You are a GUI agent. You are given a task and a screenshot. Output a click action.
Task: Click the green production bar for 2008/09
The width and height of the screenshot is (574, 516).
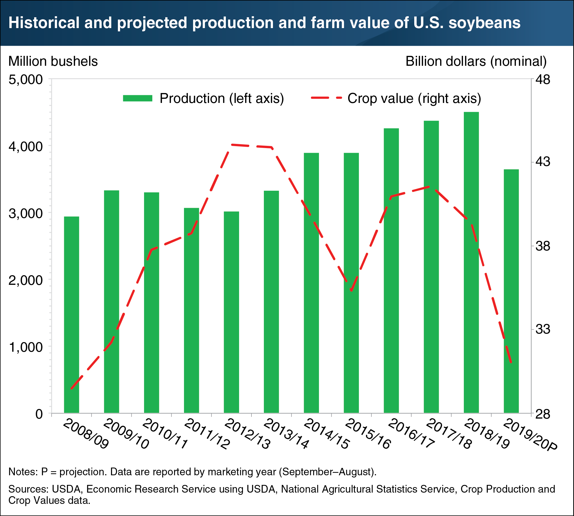pyautogui.click(x=72, y=315)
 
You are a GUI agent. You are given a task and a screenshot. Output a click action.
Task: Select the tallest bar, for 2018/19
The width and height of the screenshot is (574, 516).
pyautogui.click(x=471, y=262)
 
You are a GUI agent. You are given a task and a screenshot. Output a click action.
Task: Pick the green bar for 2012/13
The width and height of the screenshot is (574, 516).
pyautogui.click(x=232, y=312)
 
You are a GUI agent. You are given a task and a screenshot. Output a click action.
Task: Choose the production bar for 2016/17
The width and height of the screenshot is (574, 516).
pyautogui.click(x=391, y=271)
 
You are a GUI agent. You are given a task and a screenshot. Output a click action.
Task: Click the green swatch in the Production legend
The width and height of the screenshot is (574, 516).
pyautogui.click(x=138, y=98)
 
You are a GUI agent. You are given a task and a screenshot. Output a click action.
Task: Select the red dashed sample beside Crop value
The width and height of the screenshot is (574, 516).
pyautogui.click(x=326, y=98)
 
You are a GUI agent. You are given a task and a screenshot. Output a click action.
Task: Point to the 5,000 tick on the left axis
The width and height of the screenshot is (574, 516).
pyautogui.click(x=26, y=80)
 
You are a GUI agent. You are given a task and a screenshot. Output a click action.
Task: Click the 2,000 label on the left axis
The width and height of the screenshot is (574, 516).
pyautogui.click(x=26, y=280)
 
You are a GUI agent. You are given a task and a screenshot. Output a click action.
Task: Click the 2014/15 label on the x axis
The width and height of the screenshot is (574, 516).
pyautogui.click(x=326, y=434)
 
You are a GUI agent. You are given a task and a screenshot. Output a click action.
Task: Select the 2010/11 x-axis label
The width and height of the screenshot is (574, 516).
pyautogui.click(x=164, y=434)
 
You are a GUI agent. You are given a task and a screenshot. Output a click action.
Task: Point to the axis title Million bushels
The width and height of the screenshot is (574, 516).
pyautogui.click(x=53, y=62)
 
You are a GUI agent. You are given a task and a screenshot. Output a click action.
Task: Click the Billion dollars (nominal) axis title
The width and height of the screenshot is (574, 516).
pyautogui.click(x=476, y=62)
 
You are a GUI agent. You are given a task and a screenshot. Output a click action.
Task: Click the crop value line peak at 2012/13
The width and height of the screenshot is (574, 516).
pyautogui.click(x=232, y=144)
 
